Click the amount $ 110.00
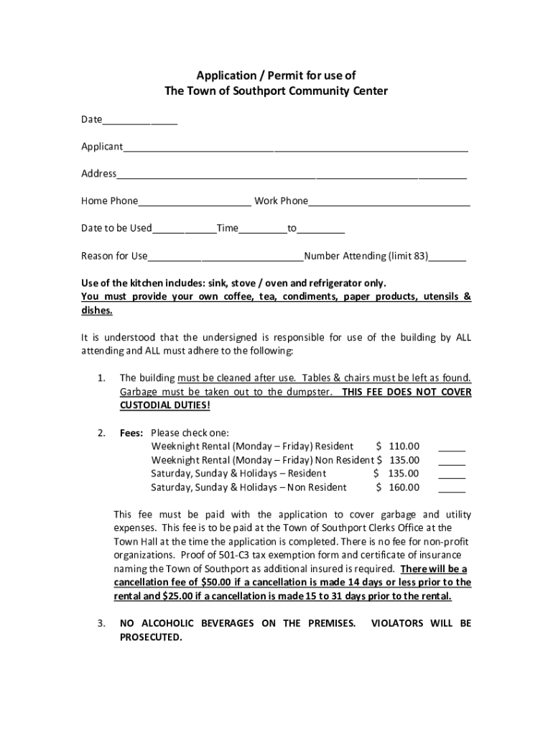coord(398,446)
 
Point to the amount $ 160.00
coord(398,487)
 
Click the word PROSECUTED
coord(151,638)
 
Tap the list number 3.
coord(102,624)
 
